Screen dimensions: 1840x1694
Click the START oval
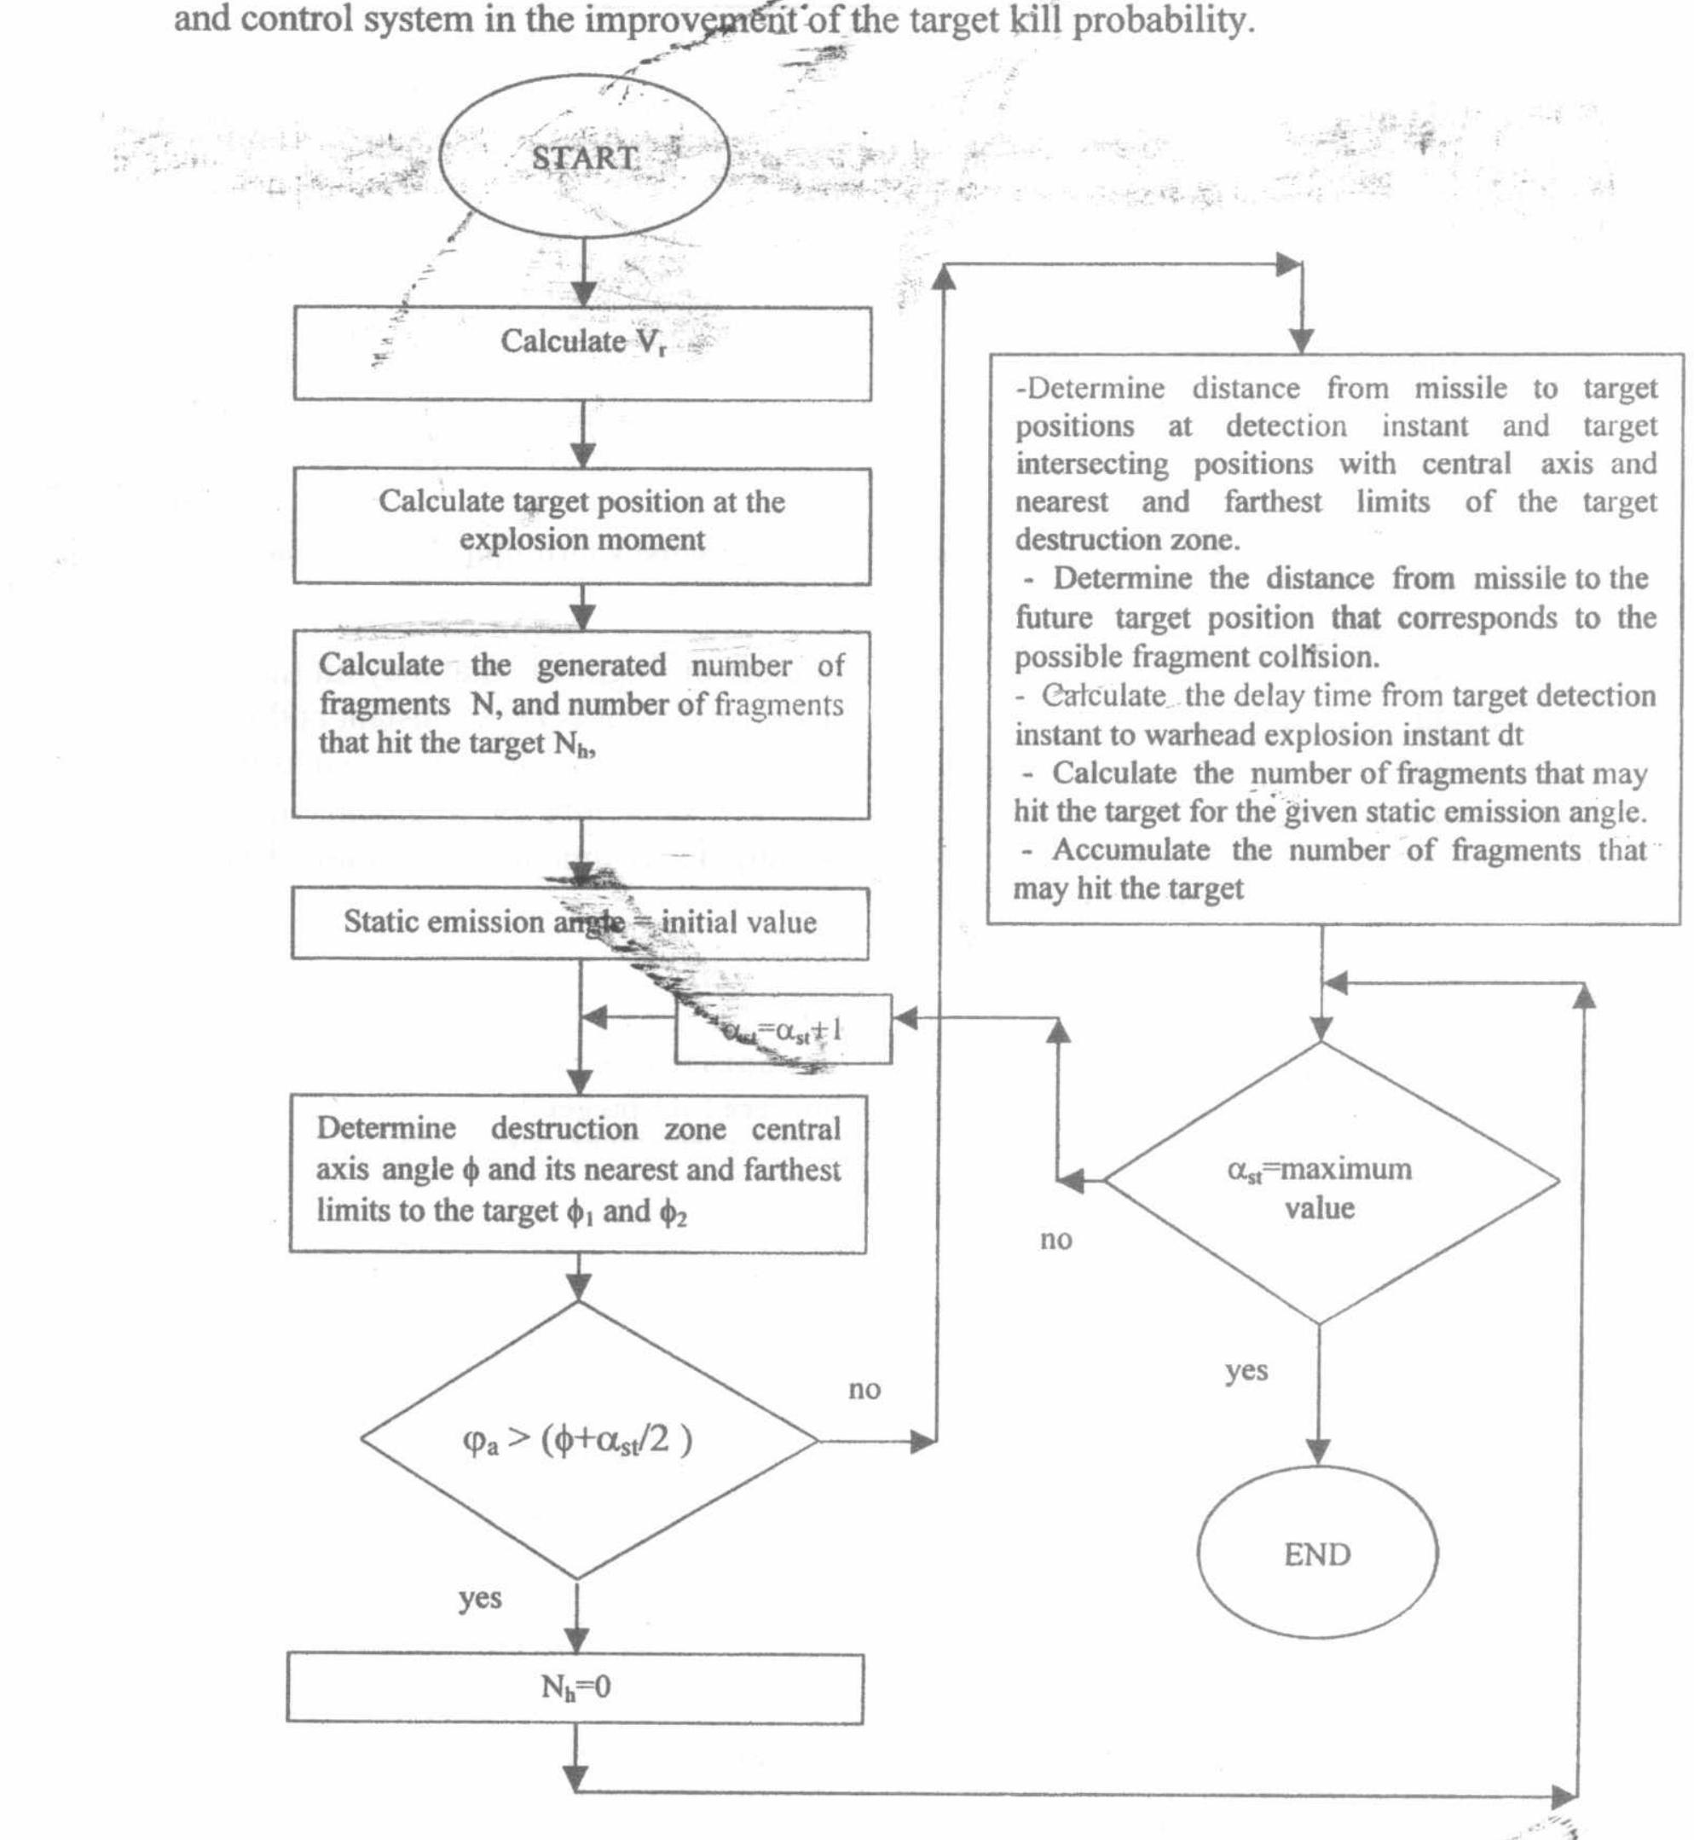pyautogui.click(x=584, y=158)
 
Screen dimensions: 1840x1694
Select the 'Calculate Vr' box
pyautogui.click(x=582, y=353)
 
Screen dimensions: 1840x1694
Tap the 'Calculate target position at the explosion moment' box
pyautogui.click(x=582, y=524)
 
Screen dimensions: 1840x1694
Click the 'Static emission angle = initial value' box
pyautogui.click(x=580, y=923)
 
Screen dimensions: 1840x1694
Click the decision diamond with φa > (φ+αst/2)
pyautogui.click(x=578, y=1440)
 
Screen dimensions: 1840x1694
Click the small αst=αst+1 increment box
pyautogui.click(x=783, y=1029)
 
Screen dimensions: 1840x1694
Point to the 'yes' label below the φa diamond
pyautogui.click(x=479, y=1597)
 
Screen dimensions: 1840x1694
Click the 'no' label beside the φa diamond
pyautogui.click(x=864, y=1390)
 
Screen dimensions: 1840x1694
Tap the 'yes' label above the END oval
pyautogui.click(x=1246, y=1370)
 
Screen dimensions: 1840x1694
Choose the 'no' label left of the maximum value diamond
pyautogui.click(x=1056, y=1240)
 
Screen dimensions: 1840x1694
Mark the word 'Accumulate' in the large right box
pyautogui.click(x=1130, y=850)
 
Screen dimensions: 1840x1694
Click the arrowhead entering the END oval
pyautogui.click(x=1317, y=1451)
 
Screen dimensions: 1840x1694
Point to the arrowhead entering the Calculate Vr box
pyautogui.click(x=583, y=293)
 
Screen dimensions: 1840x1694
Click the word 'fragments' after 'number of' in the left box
pyautogui.click(x=778, y=704)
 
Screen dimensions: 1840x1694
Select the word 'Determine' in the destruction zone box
pyautogui.click(x=385, y=1128)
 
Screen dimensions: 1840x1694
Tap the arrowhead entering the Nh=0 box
pyautogui.click(x=575, y=1640)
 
